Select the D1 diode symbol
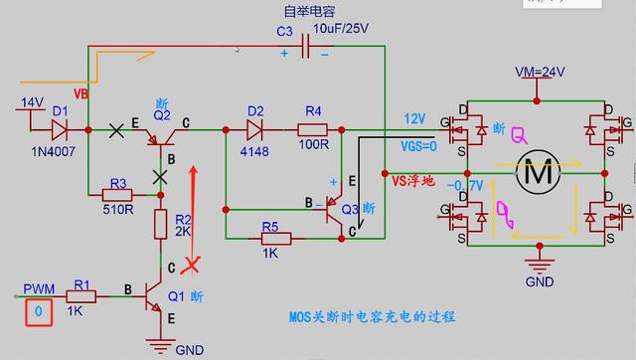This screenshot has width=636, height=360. (x=60, y=128)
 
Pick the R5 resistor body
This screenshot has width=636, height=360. (x=276, y=239)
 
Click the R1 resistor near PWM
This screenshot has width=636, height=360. (x=81, y=294)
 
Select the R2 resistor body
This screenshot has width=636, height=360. (x=159, y=224)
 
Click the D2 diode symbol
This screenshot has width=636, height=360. (x=254, y=128)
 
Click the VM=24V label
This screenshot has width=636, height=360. (x=541, y=73)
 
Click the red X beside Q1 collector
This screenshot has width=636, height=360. (x=200, y=265)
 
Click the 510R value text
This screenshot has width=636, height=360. (x=118, y=210)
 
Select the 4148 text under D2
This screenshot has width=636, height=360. (x=254, y=150)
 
